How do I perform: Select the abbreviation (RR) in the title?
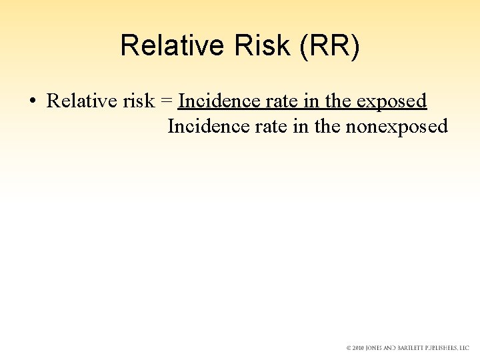click(329, 45)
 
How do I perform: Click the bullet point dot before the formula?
click(32, 101)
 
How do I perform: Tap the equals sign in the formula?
click(167, 101)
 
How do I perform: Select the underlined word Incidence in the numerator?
click(210, 101)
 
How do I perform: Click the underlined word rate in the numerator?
click(262, 101)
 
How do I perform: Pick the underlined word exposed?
click(391, 101)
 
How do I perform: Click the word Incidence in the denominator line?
click(199, 126)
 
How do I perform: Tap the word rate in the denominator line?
click(251, 126)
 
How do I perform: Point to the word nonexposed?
click(396, 126)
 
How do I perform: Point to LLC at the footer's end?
click(464, 348)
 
